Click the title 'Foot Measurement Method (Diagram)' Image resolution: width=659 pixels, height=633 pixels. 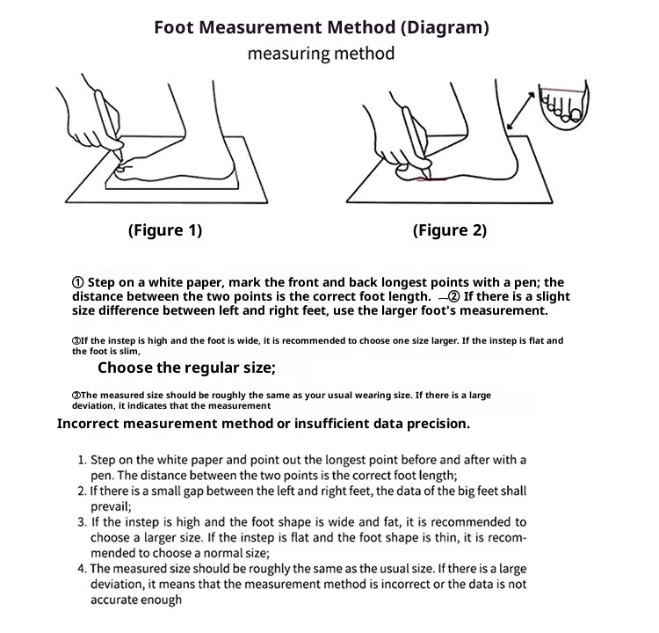tap(321, 26)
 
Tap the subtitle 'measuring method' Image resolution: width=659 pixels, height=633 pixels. tap(321, 54)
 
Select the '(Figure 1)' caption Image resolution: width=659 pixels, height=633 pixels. tap(165, 231)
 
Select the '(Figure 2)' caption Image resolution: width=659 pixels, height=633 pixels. tap(449, 231)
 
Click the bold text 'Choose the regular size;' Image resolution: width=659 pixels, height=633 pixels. tap(186, 367)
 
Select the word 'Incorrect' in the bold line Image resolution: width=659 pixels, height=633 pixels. tap(94, 424)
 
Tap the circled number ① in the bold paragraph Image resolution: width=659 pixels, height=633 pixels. tap(77, 283)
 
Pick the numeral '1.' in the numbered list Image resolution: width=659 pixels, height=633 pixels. tap(83, 460)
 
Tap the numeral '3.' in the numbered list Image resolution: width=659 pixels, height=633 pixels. tap(83, 521)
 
